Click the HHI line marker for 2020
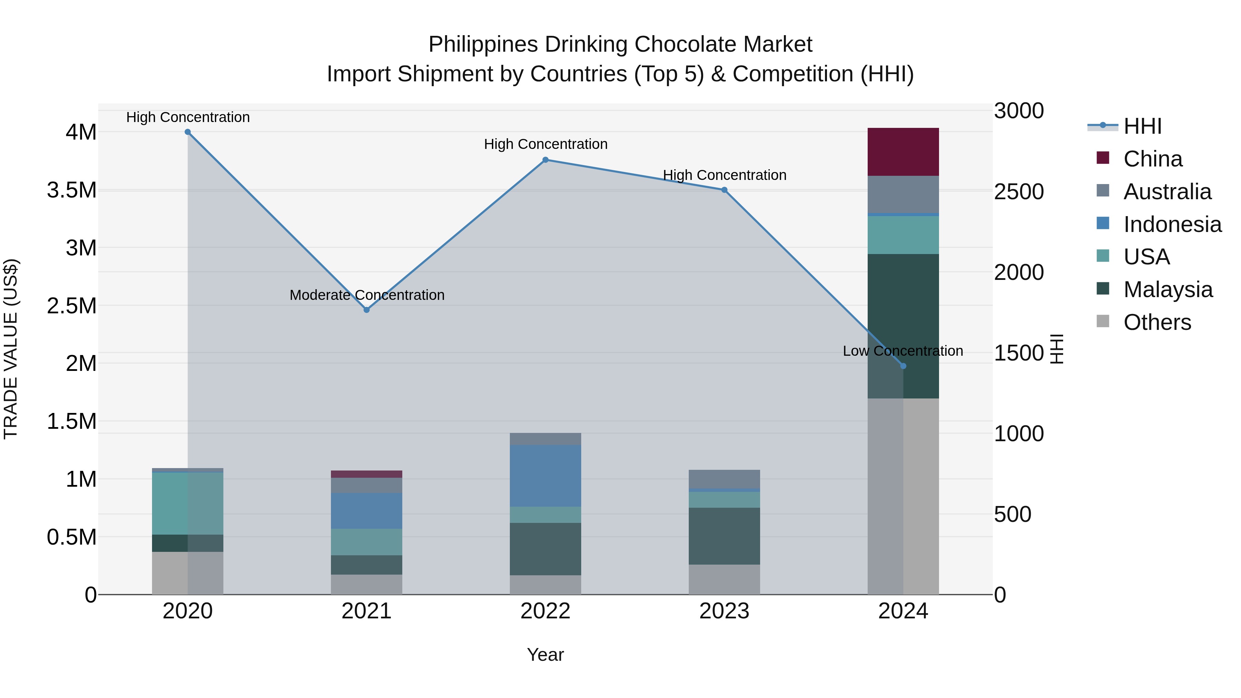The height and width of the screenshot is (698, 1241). (x=188, y=132)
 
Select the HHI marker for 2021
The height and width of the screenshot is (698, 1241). (x=367, y=310)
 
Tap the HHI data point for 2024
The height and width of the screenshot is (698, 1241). (x=903, y=366)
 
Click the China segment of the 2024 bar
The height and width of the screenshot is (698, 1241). (x=903, y=152)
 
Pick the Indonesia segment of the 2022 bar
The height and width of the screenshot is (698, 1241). (x=545, y=476)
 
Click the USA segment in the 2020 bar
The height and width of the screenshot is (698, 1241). (x=188, y=503)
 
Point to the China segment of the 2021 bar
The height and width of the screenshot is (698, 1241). (x=367, y=474)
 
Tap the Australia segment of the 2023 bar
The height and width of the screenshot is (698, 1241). (x=724, y=479)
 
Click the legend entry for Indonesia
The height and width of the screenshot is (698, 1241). (x=1172, y=224)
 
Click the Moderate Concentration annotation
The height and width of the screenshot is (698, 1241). (x=367, y=295)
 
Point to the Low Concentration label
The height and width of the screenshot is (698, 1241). (x=903, y=351)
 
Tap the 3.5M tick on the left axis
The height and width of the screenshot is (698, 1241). (x=71, y=190)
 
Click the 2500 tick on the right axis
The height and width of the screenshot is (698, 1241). (x=1019, y=192)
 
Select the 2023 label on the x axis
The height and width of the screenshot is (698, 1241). (x=724, y=611)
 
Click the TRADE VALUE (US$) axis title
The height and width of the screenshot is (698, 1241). (x=11, y=349)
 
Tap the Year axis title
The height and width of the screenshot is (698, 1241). (x=545, y=655)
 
